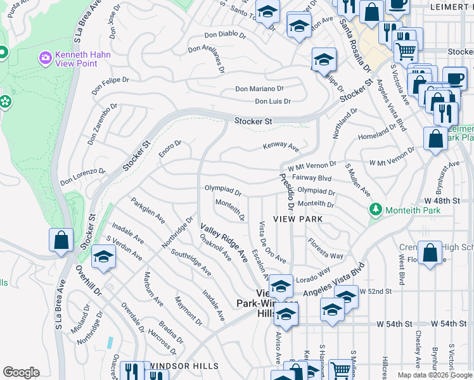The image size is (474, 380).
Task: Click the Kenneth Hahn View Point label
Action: tap(82, 60)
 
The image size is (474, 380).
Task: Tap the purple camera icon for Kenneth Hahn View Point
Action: tap(45, 59)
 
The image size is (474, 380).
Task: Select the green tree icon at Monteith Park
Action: tap(375, 209)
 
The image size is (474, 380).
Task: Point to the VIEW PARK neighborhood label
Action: tap(298, 218)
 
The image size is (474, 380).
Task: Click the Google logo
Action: tap(21, 372)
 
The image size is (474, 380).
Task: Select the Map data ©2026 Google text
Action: tap(435, 375)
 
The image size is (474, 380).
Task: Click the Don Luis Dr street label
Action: tap(272, 101)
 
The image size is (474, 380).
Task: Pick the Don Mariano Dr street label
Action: tap(260, 89)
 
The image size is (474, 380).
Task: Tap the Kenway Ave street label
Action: tap(281, 147)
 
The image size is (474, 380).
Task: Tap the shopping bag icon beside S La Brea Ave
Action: tap(61, 241)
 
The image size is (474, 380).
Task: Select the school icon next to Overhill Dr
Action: tap(103, 257)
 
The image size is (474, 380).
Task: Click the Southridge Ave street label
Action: tap(191, 261)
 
